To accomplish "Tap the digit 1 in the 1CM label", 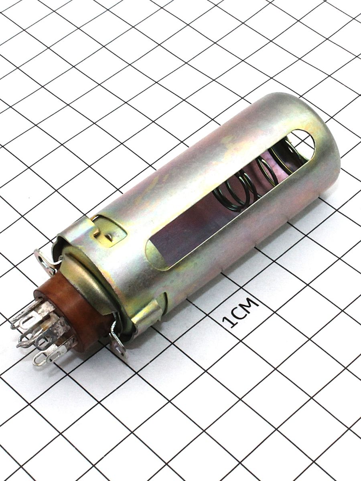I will click(x=229, y=322).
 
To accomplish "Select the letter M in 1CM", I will click(x=251, y=303).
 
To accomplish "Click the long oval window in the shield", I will click(x=229, y=200).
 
